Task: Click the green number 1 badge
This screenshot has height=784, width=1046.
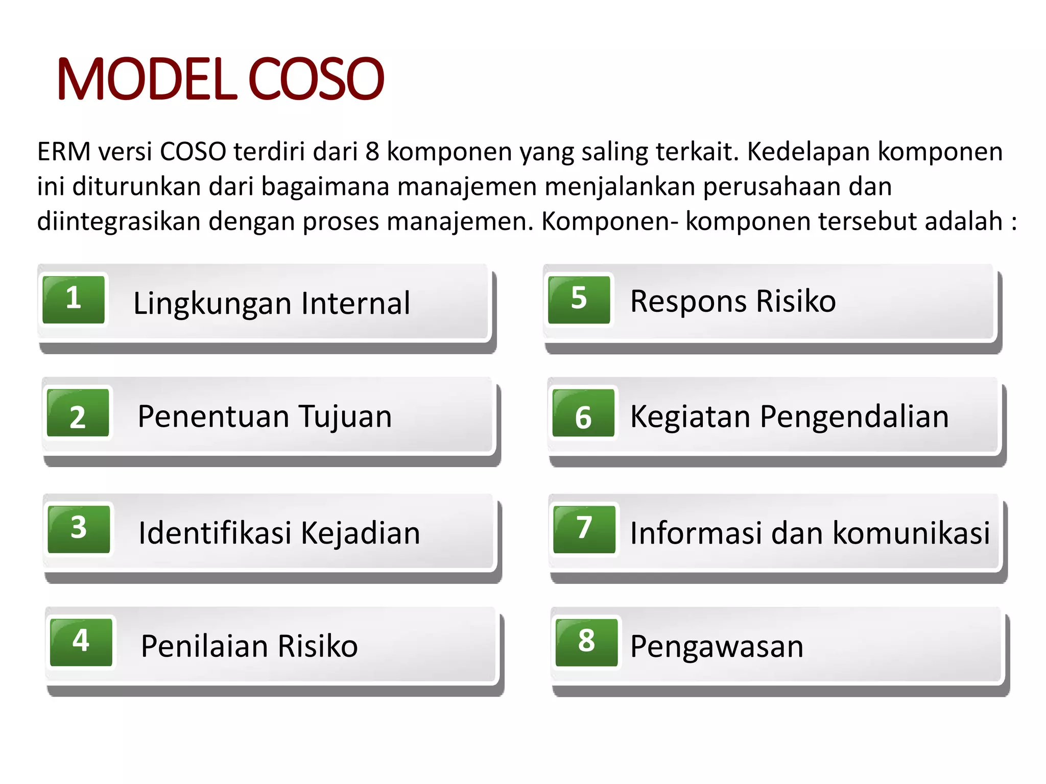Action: pyautogui.click(x=74, y=300)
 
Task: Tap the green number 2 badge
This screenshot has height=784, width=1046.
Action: pyautogui.click(x=78, y=413)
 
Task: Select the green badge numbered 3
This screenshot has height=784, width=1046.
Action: pyautogui.click(x=79, y=529)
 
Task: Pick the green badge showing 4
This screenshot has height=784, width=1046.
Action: pyautogui.click(x=81, y=643)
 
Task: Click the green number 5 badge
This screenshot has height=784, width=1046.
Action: pyautogui.click(x=579, y=300)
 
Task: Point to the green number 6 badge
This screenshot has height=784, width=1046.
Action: pyautogui.click(x=583, y=413)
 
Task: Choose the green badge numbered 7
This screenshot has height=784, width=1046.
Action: pyautogui.click(x=584, y=529)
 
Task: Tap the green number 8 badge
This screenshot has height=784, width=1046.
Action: pyautogui.click(x=586, y=643)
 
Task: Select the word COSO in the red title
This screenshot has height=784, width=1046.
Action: pyautogui.click(x=316, y=79)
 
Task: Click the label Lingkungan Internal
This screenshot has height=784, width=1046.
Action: pyautogui.click(x=272, y=303)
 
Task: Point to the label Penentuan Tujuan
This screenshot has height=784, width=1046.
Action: pyautogui.click(x=265, y=416)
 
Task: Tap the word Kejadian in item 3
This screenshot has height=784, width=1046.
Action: pyautogui.click(x=361, y=533)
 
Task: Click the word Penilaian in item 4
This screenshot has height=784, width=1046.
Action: pyautogui.click(x=204, y=646)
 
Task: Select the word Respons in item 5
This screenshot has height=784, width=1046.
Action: pyautogui.click(x=688, y=301)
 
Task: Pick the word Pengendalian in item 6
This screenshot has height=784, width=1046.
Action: pyautogui.click(x=854, y=416)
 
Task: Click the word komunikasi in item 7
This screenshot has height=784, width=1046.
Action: pyautogui.click(x=911, y=533)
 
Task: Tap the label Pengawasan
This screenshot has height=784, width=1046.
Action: pyautogui.click(x=717, y=646)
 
